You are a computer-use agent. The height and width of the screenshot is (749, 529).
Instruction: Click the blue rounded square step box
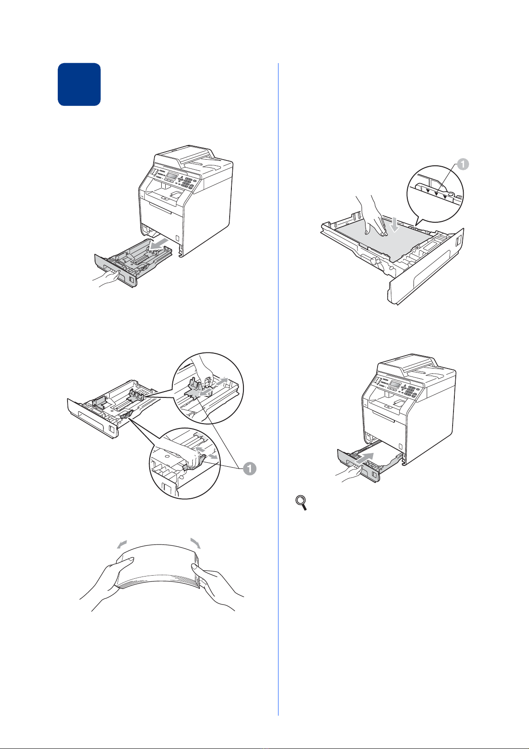point(79,84)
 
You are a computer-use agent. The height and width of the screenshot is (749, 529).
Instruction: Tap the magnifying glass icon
point(302,503)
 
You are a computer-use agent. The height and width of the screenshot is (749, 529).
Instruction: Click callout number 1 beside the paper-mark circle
point(463,164)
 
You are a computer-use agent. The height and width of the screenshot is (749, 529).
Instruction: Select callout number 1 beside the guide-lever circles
point(250,469)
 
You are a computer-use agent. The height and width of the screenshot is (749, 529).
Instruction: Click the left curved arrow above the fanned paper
point(122,545)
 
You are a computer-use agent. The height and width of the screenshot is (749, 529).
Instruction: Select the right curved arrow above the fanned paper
point(195,543)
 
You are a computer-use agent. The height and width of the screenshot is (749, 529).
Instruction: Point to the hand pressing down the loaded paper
point(373,216)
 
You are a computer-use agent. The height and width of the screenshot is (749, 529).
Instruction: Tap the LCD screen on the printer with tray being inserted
point(395,384)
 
